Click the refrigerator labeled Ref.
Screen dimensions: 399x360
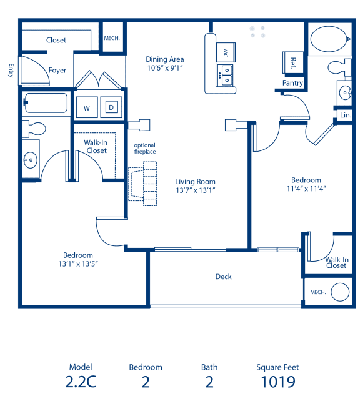click(x=292, y=62)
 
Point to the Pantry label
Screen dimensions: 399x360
click(x=292, y=82)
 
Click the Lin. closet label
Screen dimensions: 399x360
click(x=345, y=116)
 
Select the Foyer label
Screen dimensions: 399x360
click(x=57, y=71)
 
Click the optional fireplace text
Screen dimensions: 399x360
click(x=144, y=149)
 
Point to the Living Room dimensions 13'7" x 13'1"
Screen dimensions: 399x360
click(x=195, y=190)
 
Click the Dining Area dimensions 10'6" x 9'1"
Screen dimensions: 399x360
click(x=165, y=67)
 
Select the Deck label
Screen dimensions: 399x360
click(x=224, y=277)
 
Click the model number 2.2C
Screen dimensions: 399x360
click(x=80, y=382)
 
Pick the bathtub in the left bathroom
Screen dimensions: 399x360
click(x=46, y=102)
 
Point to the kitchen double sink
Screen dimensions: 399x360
click(x=225, y=75)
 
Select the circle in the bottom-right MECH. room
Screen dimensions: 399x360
click(x=340, y=292)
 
